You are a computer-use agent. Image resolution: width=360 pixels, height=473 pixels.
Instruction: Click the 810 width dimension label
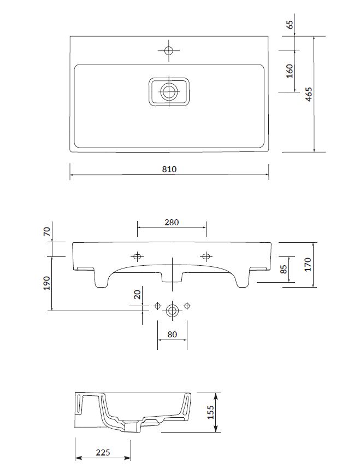pyautogui.click(x=169, y=169)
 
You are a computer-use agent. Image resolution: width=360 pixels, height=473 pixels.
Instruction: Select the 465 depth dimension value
pyautogui.click(x=309, y=94)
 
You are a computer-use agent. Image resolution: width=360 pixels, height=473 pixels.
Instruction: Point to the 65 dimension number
pyautogui.click(x=290, y=25)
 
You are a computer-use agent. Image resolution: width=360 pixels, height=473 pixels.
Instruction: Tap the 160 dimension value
pyautogui.click(x=290, y=71)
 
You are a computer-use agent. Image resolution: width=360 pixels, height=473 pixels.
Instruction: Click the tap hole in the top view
pyautogui.click(x=169, y=50)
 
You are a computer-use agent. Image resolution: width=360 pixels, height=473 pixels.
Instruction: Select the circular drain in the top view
pyautogui.click(x=169, y=91)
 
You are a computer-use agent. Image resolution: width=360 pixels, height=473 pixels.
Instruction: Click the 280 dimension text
pyautogui.click(x=172, y=223)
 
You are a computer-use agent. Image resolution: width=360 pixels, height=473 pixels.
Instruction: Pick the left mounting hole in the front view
pyautogui.click(x=137, y=256)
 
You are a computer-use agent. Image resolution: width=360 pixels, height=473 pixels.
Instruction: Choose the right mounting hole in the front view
pyautogui.click(x=206, y=256)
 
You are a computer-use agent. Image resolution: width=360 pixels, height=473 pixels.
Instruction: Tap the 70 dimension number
pyautogui.click(x=47, y=232)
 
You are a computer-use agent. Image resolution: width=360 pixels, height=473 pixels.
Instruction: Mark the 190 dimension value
pyautogui.click(x=47, y=283)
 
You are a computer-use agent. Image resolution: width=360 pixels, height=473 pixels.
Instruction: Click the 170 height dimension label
pyautogui.click(x=308, y=265)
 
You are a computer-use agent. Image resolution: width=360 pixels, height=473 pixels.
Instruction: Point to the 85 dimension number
pyautogui.click(x=284, y=269)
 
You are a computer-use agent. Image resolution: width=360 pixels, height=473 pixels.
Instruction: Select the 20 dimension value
pyautogui.click(x=137, y=294)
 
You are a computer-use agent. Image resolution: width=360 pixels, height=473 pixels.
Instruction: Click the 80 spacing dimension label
pyautogui.click(x=172, y=335)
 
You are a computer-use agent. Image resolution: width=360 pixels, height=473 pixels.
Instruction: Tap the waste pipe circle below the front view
pyautogui.click(x=172, y=311)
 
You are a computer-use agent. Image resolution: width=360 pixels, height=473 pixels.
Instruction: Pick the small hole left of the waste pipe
pyautogui.click(x=157, y=306)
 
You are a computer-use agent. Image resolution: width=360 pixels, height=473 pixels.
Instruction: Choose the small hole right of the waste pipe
pyautogui.click(x=187, y=306)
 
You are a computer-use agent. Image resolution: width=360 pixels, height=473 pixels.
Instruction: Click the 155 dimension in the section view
pyautogui.click(x=210, y=412)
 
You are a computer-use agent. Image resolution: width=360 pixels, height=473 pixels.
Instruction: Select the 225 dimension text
pyautogui.click(x=103, y=452)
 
